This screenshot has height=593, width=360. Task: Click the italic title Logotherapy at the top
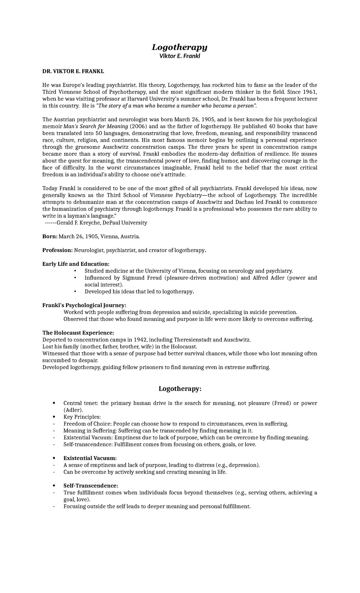tap(179, 47)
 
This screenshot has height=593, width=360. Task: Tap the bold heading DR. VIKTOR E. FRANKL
tap(73, 71)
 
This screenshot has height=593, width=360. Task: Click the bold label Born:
tap(49, 236)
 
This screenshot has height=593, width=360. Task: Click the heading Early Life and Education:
tap(76, 264)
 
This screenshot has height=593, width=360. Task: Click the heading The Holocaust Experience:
tap(78, 333)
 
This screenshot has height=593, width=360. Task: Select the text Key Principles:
tap(82, 417)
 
